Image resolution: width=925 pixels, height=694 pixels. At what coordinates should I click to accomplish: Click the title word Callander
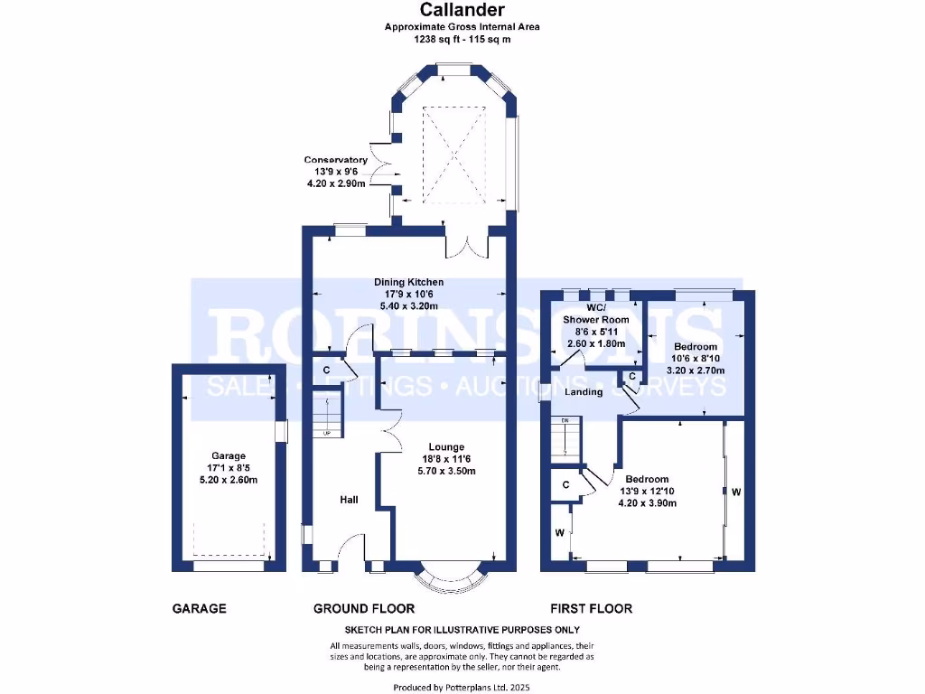pyautogui.click(x=462, y=11)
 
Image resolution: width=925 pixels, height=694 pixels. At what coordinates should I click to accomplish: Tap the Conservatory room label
pyautogui.click(x=335, y=160)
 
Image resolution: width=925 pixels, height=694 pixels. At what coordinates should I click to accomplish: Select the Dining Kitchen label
pyautogui.click(x=409, y=283)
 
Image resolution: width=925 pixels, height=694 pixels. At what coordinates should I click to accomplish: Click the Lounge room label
pyautogui.click(x=446, y=446)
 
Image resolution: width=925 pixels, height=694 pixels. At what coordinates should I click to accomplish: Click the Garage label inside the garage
pyautogui.click(x=229, y=456)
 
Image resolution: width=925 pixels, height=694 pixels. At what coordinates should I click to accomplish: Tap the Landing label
pyautogui.click(x=584, y=392)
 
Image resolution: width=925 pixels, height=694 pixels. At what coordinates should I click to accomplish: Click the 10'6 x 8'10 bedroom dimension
pyautogui.click(x=695, y=359)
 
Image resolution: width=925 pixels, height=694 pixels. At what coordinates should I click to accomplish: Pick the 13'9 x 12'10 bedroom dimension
pyautogui.click(x=647, y=491)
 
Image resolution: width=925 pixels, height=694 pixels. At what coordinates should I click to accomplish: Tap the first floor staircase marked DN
pyautogui.click(x=565, y=438)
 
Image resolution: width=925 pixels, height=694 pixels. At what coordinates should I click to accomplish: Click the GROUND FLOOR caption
pyautogui.click(x=364, y=609)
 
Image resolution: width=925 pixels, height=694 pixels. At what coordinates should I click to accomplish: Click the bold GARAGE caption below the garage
pyautogui.click(x=199, y=609)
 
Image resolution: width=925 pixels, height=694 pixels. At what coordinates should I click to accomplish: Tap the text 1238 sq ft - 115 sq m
pyautogui.click(x=462, y=39)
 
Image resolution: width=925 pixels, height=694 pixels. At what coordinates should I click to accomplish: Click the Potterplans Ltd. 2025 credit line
pyautogui.click(x=462, y=688)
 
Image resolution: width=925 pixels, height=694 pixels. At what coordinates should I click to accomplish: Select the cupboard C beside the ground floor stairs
pyautogui.click(x=326, y=370)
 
